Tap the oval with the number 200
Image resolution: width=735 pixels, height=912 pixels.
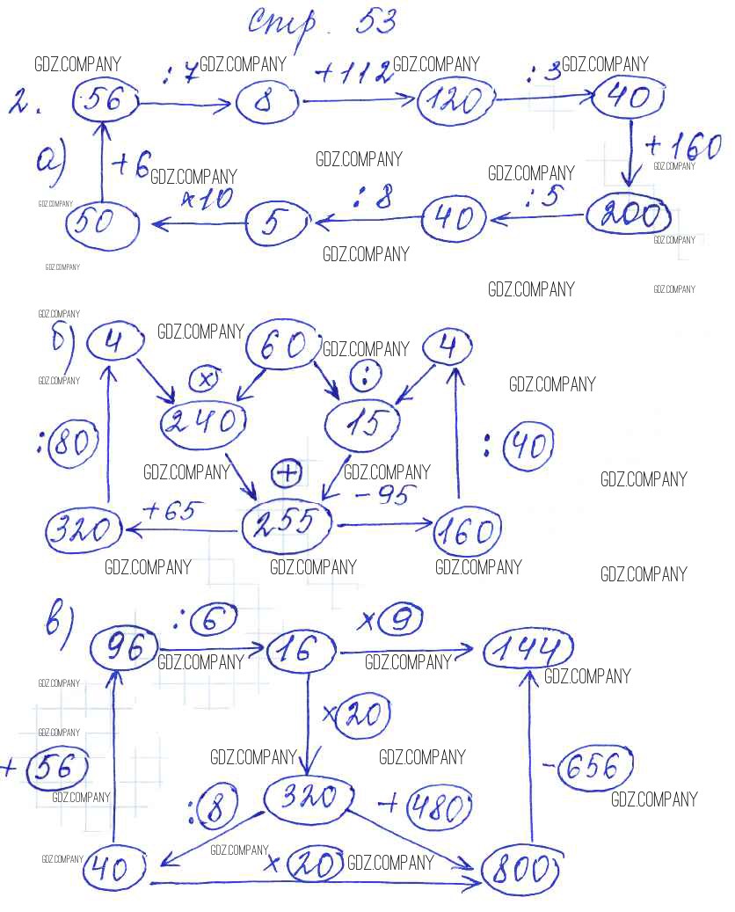[x=628, y=214]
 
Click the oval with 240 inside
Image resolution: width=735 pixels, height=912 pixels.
[x=202, y=422]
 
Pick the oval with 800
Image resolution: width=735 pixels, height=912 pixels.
[x=521, y=870]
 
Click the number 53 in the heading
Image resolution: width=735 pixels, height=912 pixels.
[x=375, y=23]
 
